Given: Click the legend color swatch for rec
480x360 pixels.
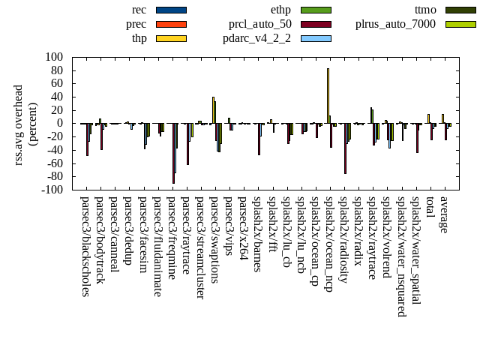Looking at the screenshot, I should tap(171, 10).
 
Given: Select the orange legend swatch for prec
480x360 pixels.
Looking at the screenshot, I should tap(171, 24).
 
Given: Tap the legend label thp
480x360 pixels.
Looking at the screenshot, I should tap(139, 38).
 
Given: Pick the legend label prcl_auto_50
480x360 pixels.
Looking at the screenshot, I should tap(260, 24).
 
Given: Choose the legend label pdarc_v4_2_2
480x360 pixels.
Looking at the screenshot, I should tap(257, 38).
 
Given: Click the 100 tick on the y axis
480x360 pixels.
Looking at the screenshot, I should tap(54, 57).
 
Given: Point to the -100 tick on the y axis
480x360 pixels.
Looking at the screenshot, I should tap(52, 190).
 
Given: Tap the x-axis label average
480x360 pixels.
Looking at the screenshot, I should tap(444, 215).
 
